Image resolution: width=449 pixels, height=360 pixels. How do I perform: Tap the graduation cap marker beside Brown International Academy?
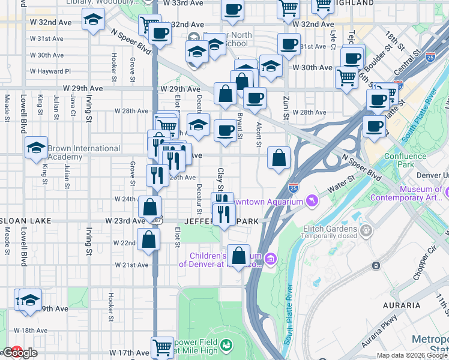(x=36, y=147)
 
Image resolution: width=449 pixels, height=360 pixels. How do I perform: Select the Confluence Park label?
(x=405, y=160)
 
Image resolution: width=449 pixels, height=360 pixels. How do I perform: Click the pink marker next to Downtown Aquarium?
(x=312, y=200)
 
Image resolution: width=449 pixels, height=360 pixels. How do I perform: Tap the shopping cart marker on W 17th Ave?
(x=162, y=346)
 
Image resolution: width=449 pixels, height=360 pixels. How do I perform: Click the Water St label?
(x=342, y=184)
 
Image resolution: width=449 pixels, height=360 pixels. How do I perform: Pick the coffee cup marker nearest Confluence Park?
(x=374, y=127)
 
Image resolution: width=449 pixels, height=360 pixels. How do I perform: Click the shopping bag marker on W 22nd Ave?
(x=148, y=239)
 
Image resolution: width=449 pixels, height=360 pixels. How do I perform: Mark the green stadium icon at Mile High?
(x=226, y=346)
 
